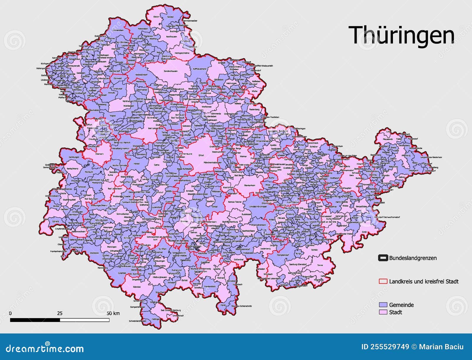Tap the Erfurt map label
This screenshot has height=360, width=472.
tap(201, 155)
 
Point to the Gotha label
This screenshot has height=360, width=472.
tap(157, 165)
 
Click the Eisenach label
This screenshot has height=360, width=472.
tap(99, 154)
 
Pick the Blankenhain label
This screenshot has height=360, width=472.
tap(249, 185)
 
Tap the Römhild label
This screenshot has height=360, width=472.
tap(137, 287)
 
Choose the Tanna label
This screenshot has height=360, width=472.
tap(320, 265)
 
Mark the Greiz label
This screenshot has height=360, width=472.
tap(364, 232)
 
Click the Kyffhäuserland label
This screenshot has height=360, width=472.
tap(200, 69)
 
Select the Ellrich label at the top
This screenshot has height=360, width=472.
tap(156, 17)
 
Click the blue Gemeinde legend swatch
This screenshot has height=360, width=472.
tap(383, 305)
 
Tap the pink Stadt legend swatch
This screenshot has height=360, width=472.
tap(383, 312)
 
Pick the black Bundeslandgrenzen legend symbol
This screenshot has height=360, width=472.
tap(383, 258)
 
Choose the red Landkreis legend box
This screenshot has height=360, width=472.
tap(383, 281)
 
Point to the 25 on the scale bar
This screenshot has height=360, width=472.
tap(60, 313)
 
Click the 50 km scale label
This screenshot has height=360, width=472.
tap(113, 313)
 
